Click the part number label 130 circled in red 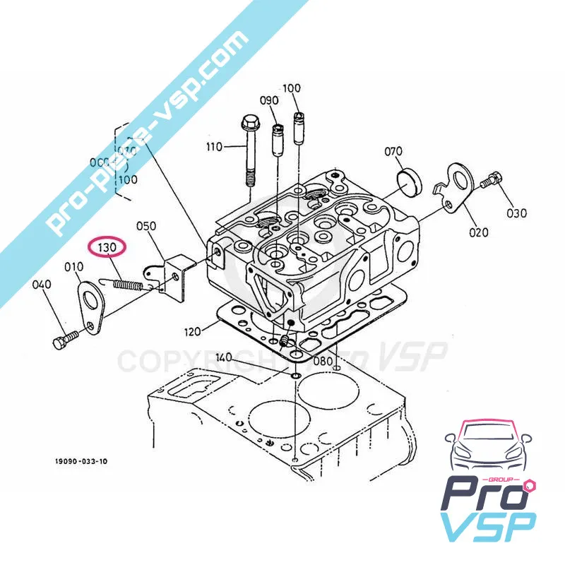coord(105,248)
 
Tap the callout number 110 coord(214,147)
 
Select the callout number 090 coord(269,100)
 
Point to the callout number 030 coord(516,213)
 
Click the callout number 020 coord(478,231)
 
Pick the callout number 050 coord(146,226)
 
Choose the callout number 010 coord(73,267)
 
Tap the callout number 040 coord(42,285)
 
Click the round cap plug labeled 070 coord(409,181)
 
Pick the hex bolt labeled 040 coord(63,342)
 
